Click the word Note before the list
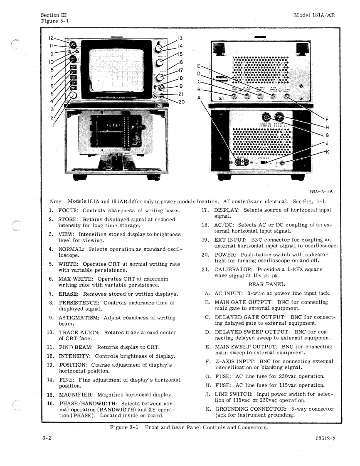[56, 201]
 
